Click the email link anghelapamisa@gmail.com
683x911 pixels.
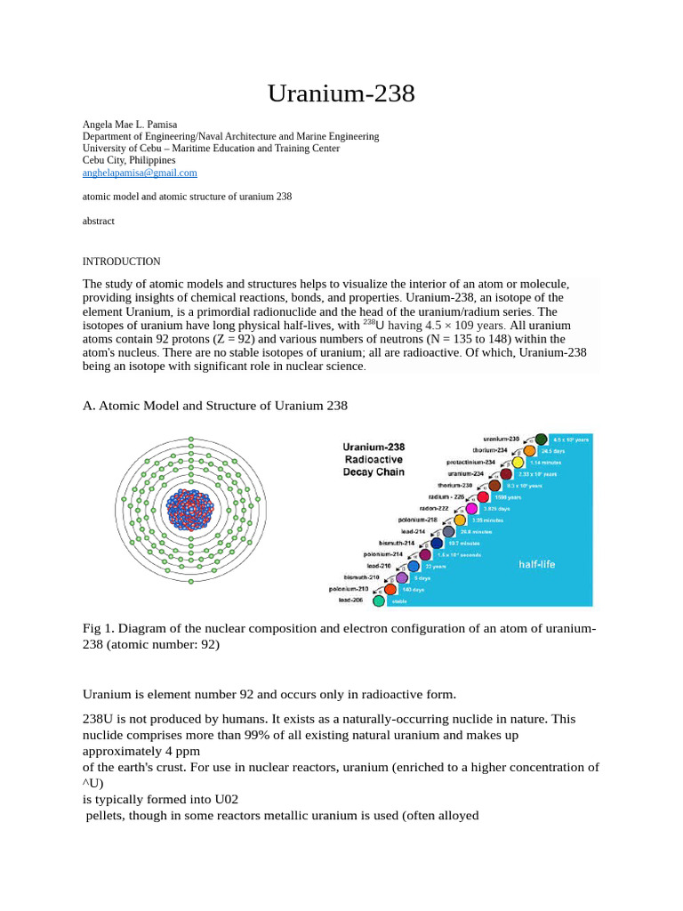tap(140, 173)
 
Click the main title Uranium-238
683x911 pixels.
tap(341, 93)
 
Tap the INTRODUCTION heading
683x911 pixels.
tap(121, 262)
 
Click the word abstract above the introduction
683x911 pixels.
tap(98, 221)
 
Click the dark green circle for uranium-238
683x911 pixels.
tap(541, 439)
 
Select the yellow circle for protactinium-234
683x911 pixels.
tap(517, 463)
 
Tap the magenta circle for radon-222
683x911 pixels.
tap(471, 509)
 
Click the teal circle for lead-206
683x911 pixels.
tap(379, 601)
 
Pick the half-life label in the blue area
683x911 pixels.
tap(536, 564)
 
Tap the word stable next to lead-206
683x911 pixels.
tap(399, 601)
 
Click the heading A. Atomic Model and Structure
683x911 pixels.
tap(214, 406)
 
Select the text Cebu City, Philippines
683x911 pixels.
tap(129, 160)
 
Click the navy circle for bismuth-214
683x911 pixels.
tap(437, 543)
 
